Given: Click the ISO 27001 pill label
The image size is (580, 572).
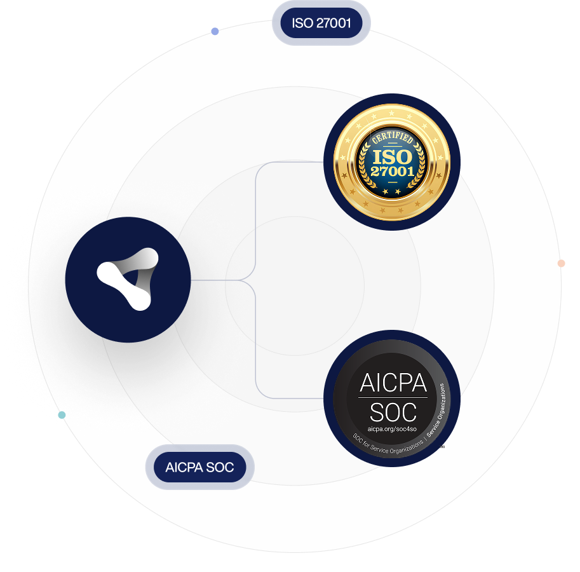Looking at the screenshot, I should pos(321,24).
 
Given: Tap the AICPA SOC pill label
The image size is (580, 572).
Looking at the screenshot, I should pos(199,467).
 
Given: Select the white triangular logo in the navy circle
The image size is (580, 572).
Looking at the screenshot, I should pos(128,278).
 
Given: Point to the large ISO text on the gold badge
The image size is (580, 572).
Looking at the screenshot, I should pos(393,156).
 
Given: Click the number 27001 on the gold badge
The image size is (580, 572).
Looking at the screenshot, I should pos(393,172).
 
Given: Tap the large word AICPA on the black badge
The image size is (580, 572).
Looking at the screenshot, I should pos(393,383).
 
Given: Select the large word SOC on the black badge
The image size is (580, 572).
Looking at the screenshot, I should pos(393,412).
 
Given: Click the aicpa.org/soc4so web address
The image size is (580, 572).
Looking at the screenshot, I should pos(392,429).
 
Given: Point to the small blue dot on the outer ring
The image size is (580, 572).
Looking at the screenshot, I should pos(215,31).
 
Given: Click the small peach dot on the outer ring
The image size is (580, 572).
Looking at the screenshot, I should pos(561,263).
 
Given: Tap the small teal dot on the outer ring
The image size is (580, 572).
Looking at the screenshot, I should pos(62,415).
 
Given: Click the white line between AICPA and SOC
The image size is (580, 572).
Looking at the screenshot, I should pos(393,398).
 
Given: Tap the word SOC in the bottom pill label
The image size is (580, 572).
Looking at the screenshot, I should pos(220,467).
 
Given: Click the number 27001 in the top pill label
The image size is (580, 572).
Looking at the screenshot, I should pos(334,24).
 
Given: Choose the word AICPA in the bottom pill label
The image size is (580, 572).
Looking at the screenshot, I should pos(184,467).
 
